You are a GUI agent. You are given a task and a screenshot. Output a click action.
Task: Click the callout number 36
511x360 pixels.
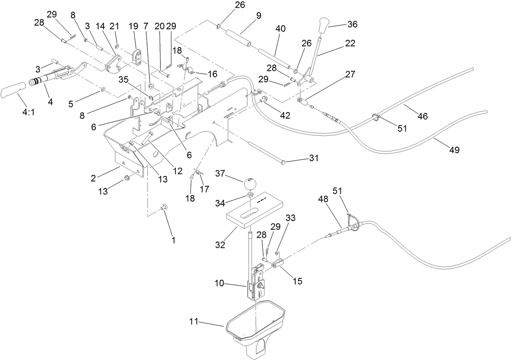click(x=352, y=24)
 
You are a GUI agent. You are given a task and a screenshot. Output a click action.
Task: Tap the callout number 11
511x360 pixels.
click(x=194, y=322)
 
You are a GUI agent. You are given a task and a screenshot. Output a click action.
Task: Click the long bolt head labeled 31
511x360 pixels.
click(x=283, y=163)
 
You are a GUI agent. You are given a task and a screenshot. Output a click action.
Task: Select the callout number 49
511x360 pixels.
click(x=454, y=150)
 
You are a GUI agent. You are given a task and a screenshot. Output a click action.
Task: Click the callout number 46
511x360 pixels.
click(x=422, y=116)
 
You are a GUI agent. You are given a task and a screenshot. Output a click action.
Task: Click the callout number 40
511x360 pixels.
click(x=280, y=29)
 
